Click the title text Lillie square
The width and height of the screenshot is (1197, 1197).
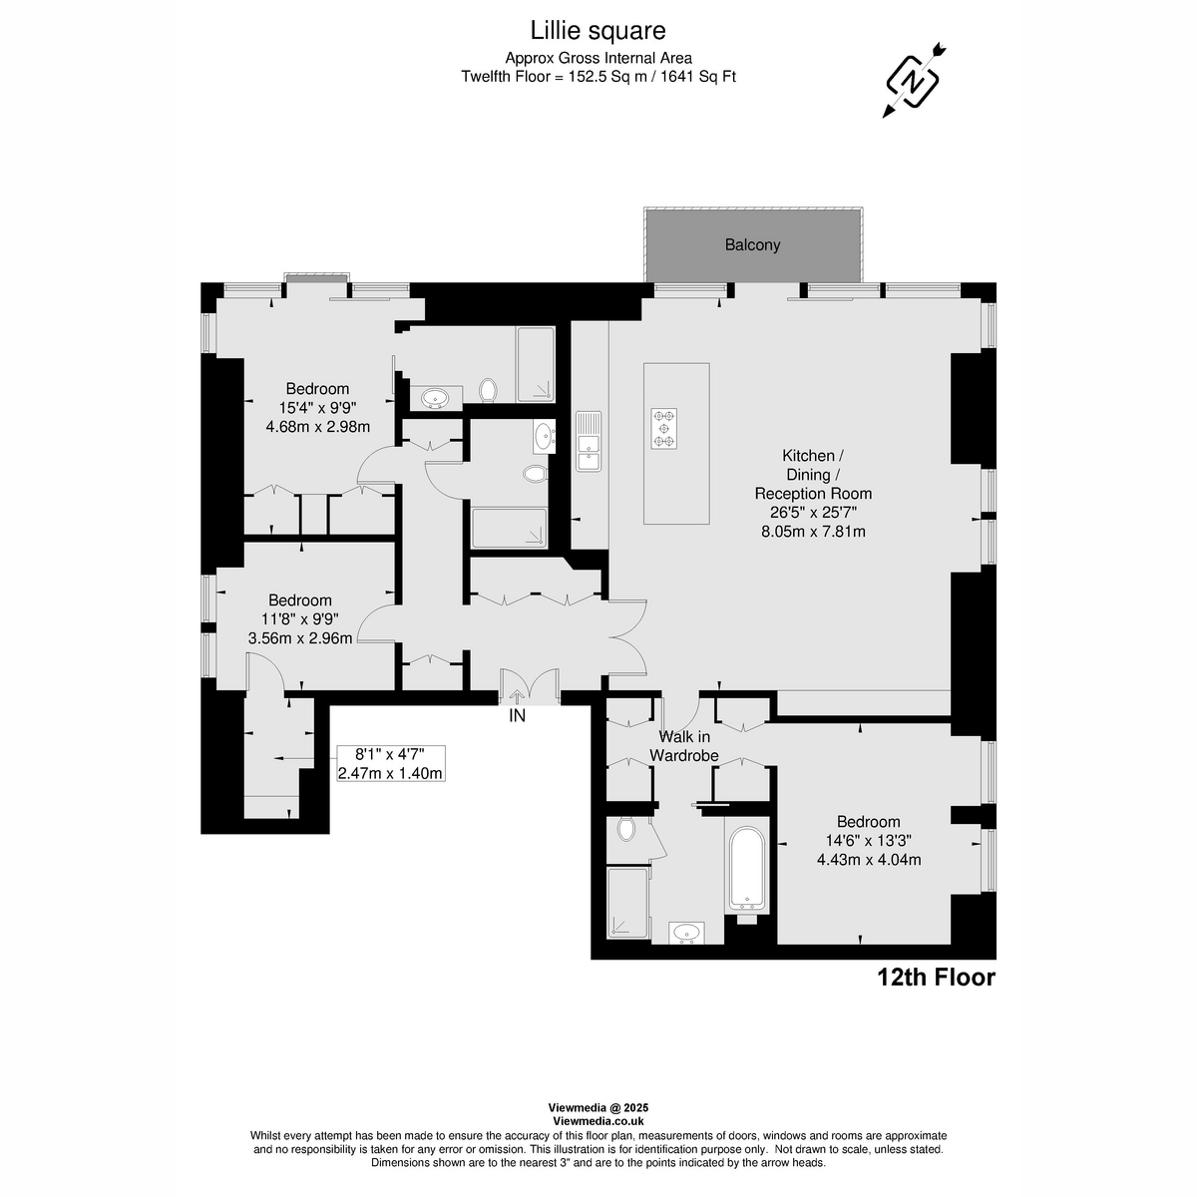598,32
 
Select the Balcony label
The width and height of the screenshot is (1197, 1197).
752,244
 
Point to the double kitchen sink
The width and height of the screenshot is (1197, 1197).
588,441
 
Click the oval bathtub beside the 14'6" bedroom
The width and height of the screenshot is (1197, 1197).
747,868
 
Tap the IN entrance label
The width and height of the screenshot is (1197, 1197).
517,715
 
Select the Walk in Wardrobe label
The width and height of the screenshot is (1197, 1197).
684,746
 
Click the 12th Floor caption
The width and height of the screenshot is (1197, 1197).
936,978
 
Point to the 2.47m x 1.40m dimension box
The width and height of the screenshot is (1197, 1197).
390,763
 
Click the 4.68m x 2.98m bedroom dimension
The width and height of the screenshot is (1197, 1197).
318,427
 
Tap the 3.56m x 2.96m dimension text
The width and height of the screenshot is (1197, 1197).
300,637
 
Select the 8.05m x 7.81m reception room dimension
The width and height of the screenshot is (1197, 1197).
813,532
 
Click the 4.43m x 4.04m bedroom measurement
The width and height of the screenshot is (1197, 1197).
868,859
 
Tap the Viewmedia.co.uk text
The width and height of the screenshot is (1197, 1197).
598,1121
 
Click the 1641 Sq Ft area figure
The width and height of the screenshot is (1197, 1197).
699,76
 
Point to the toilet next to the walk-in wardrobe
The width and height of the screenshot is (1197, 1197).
626,828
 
